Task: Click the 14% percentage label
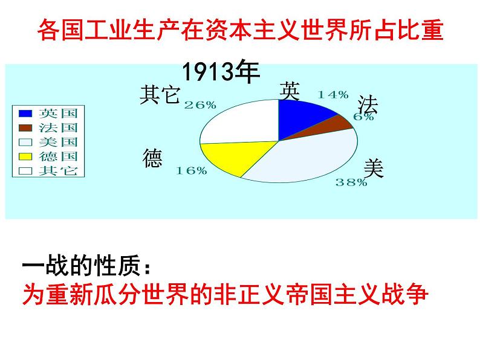tap(333, 95)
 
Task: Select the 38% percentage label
tap(351, 182)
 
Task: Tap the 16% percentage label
tap(191, 170)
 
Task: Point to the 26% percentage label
tap(200, 105)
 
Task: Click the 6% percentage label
tap(364, 117)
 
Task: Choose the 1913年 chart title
tap(221, 71)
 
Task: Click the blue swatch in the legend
tap(25, 113)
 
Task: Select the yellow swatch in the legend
tap(25, 156)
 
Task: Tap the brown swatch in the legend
tap(25, 127)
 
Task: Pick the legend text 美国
tap(58, 142)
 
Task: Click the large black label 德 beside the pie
tap(152, 158)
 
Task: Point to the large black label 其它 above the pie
tap(160, 95)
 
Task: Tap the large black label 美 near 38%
tap(374, 169)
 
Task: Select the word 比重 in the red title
tap(420, 30)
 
